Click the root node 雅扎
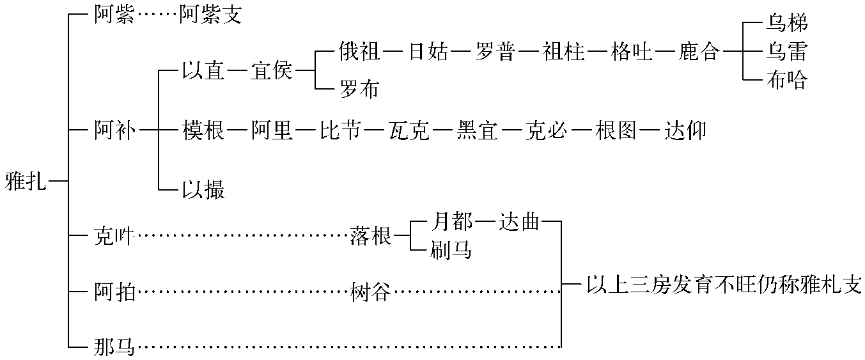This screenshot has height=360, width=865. click(x=26, y=182)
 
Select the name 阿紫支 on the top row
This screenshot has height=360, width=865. click(x=210, y=14)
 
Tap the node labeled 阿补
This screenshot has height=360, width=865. click(x=115, y=130)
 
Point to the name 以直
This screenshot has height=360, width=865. click(x=203, y=71)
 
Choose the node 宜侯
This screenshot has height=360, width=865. click(x=272, y=71)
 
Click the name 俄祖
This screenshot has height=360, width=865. click(x=360, y=52)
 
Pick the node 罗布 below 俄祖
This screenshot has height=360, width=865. click(x=360, y=89)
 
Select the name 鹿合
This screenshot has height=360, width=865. click(x=699, y=52)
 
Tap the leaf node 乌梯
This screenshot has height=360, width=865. click(x=787, y=23)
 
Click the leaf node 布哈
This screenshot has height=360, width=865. click(x=787, y=80)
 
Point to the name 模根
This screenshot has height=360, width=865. click(x=203, y=130)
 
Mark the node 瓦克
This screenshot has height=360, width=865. click(x=409, y=130)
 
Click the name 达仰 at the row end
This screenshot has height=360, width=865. click(x=685, y=130)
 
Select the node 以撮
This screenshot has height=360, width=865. click(x=203, y=190)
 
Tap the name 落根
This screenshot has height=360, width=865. click(x=371, y=236)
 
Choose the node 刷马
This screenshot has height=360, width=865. click(x=451, y=250)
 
